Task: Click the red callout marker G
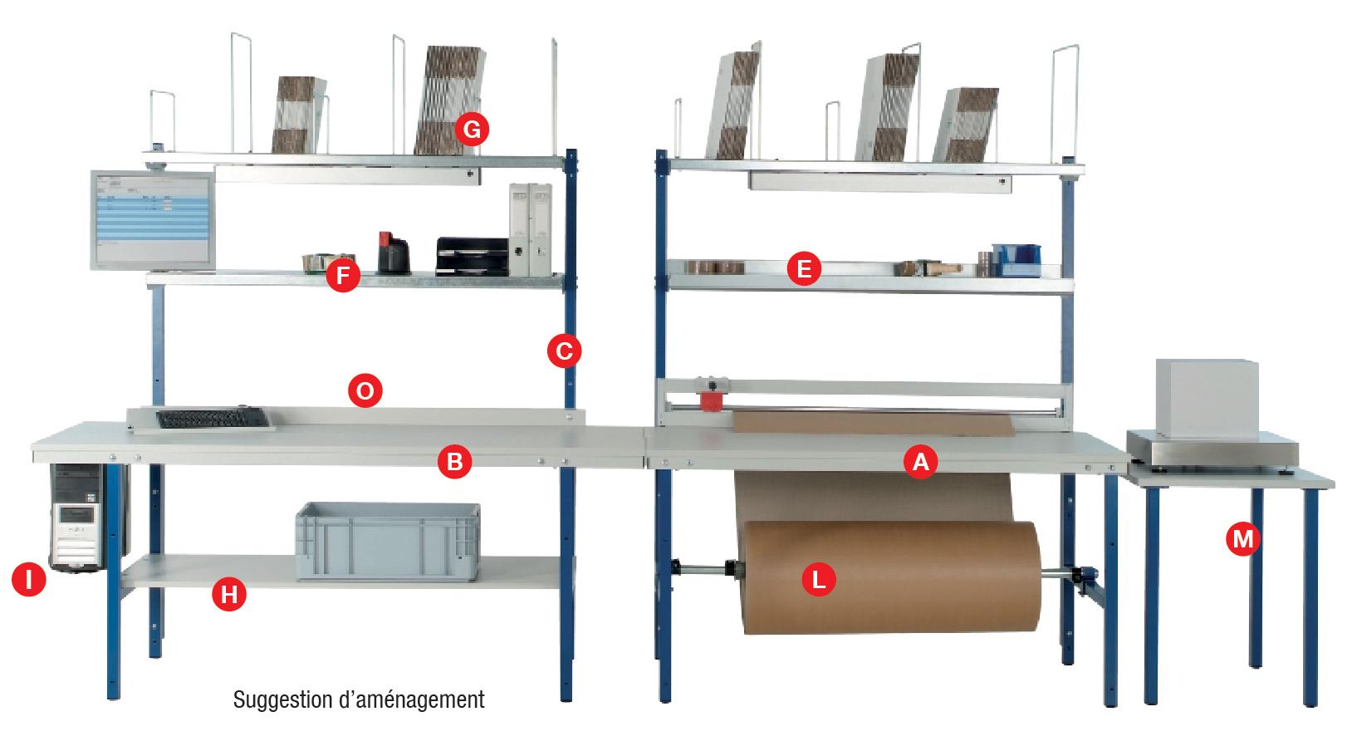(472, 130)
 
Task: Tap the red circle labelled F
(342, 275)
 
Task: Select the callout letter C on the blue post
(564, 351)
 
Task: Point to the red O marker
(364, 390)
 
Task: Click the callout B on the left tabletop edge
(454, 462)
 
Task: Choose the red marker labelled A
(920, 461)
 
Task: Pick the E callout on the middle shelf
(803, 269)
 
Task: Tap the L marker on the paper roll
(819, 580)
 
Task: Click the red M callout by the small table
(1242, 540)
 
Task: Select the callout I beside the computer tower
(29, 580)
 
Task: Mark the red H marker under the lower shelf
(229, 594)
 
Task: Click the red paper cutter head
(711, 399)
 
